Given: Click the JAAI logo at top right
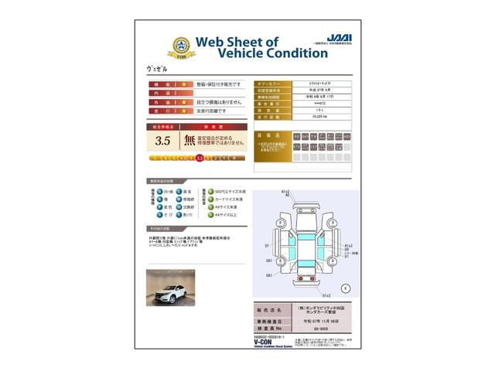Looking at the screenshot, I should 335,36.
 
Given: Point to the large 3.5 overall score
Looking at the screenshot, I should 162,141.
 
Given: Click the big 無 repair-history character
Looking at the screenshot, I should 189,141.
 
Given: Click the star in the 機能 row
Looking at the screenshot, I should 186,83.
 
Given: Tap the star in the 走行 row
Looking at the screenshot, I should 186,111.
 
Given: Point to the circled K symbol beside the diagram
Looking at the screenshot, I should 345,288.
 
